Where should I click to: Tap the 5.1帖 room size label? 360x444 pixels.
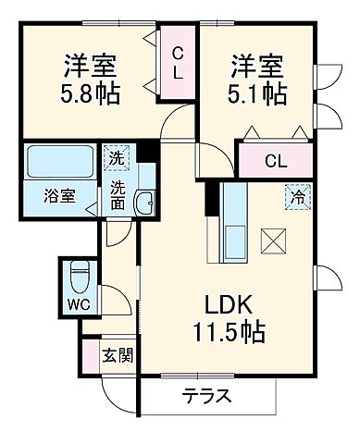coord(258,93)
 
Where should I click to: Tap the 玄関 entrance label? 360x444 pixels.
coord(116,353)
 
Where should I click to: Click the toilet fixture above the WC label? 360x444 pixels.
coord(79,275)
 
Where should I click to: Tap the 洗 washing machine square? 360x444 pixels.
coord(116,157)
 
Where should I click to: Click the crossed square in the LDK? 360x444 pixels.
coord(273,240)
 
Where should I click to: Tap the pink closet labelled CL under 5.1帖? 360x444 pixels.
coord(275,160)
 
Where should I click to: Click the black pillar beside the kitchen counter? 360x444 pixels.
coord(211,198)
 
